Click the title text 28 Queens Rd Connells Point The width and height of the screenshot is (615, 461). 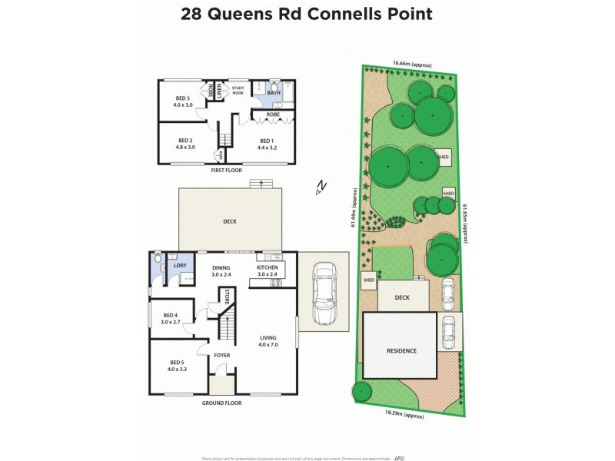tap(305, 14)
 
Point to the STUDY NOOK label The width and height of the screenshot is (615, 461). tap(237, 90)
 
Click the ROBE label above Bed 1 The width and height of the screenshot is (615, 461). tap(272, 114)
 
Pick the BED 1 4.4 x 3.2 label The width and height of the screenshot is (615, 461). tap(266, 144)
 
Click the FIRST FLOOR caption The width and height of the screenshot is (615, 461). tap(226, 171)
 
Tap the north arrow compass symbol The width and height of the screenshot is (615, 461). tap(321, 187)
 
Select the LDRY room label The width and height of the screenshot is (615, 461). tap(179, 265)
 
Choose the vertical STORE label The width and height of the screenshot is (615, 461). tap(227, 298)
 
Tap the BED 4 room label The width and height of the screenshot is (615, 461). tap(171, 318)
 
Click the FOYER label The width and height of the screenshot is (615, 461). tap(223, 356)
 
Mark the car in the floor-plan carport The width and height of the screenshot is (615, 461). tap(324, 293)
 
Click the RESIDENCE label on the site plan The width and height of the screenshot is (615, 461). tap(401, 350)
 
